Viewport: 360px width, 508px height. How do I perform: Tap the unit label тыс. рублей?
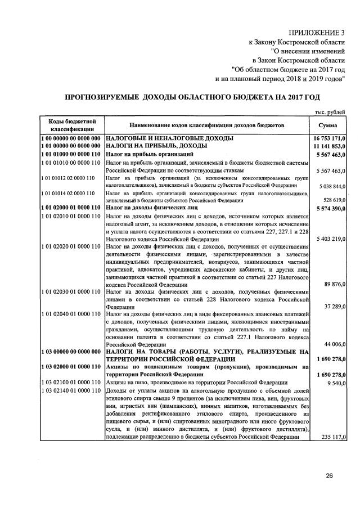(x=330, y=113)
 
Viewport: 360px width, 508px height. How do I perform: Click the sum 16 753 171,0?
(x=329, y=138)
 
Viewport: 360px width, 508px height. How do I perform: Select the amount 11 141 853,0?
(x=329, y=145)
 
